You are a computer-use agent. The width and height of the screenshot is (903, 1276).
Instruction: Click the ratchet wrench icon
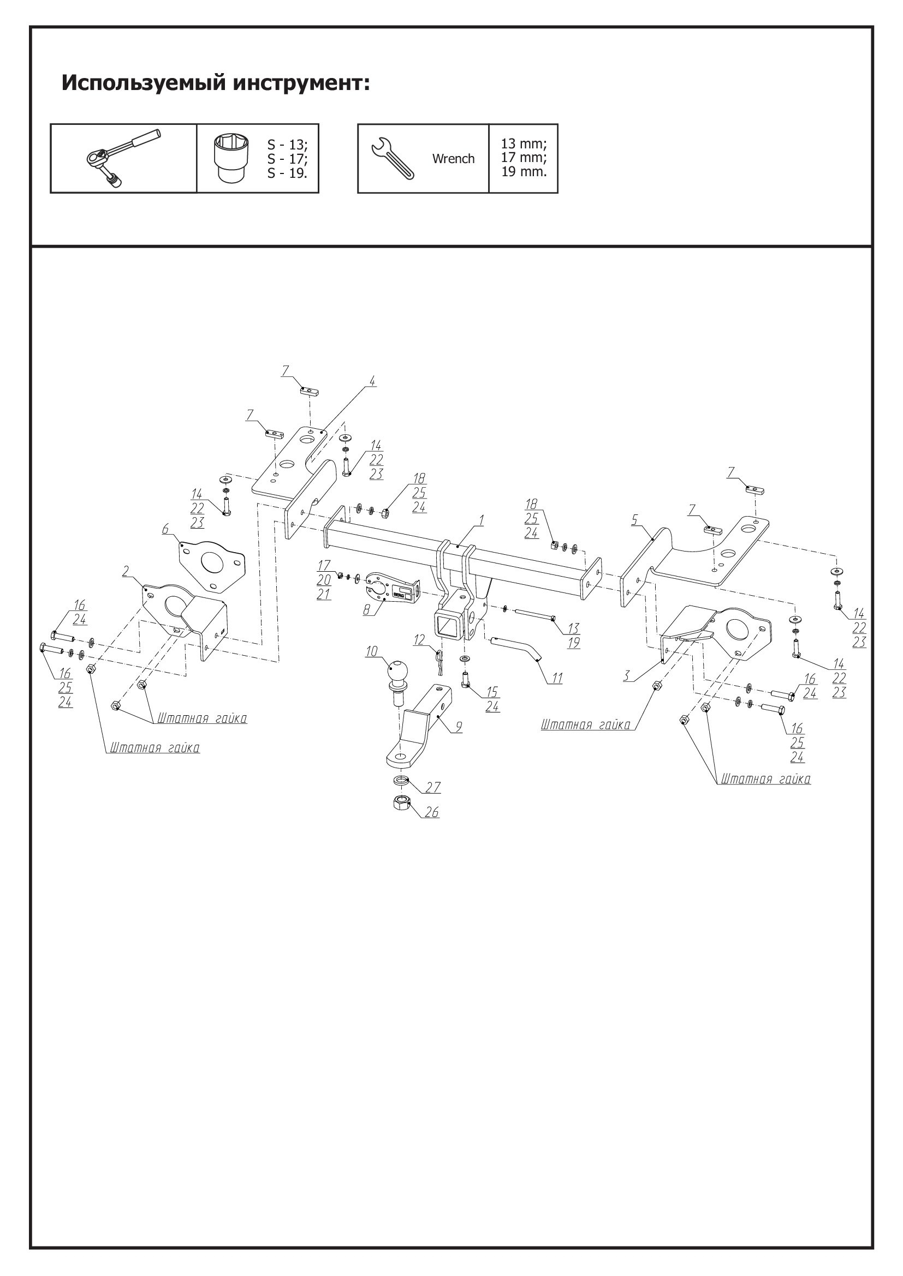coord(123,158)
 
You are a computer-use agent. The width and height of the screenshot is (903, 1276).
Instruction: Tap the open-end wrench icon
coord(392,158)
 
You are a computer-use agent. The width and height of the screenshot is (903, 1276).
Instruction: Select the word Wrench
coord(453,159)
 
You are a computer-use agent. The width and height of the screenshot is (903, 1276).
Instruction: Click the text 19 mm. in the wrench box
coord(524,172)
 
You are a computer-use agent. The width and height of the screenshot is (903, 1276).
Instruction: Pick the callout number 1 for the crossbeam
coord(482,520)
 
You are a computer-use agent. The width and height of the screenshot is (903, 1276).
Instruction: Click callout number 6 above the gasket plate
coord(165,529)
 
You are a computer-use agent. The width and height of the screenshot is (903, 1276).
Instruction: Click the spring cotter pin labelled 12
coord(439,656)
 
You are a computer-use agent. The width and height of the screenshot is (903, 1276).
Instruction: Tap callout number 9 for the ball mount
coord(459,727)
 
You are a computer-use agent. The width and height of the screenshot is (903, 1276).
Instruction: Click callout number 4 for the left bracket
coord(372,381)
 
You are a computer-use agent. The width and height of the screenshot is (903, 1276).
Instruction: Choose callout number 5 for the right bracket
coord(634,520)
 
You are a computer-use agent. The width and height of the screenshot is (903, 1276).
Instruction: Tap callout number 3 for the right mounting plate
coord(627,676)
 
